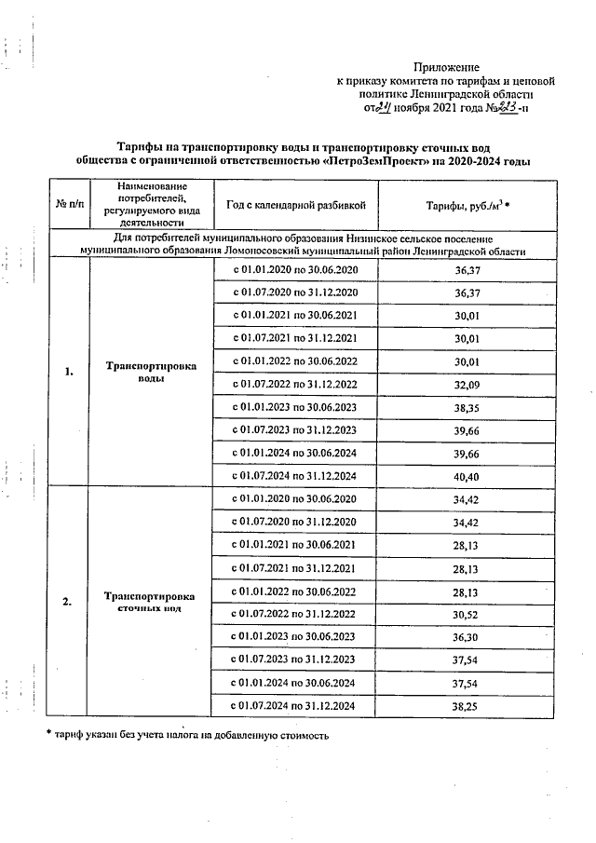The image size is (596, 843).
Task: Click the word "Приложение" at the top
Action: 446,67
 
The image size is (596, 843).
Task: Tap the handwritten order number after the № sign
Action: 507,107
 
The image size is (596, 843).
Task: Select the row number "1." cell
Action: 69,373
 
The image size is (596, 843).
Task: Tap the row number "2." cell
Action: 69,601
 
